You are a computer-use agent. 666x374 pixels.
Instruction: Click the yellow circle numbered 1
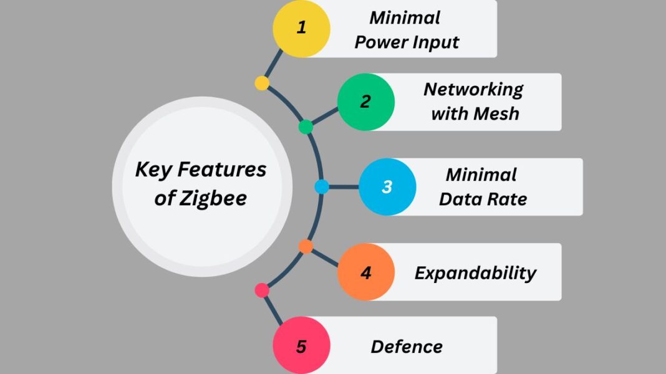301,28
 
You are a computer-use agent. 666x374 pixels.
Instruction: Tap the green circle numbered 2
366,102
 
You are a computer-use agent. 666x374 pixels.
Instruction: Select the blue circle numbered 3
387,186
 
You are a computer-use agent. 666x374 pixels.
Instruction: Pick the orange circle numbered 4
366,272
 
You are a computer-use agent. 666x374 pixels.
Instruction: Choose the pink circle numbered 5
301,346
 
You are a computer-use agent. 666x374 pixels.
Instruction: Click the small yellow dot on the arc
262,83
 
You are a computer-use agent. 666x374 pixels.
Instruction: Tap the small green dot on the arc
306,127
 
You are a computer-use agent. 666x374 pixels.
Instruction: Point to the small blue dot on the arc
322,186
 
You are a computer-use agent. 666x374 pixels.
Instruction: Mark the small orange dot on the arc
306,246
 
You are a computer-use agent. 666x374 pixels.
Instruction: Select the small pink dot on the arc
262,290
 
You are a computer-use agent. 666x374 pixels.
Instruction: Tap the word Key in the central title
152,170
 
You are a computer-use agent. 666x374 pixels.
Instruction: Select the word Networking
473,89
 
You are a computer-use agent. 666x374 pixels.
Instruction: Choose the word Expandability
475,273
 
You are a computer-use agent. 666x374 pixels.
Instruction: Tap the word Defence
407,347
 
